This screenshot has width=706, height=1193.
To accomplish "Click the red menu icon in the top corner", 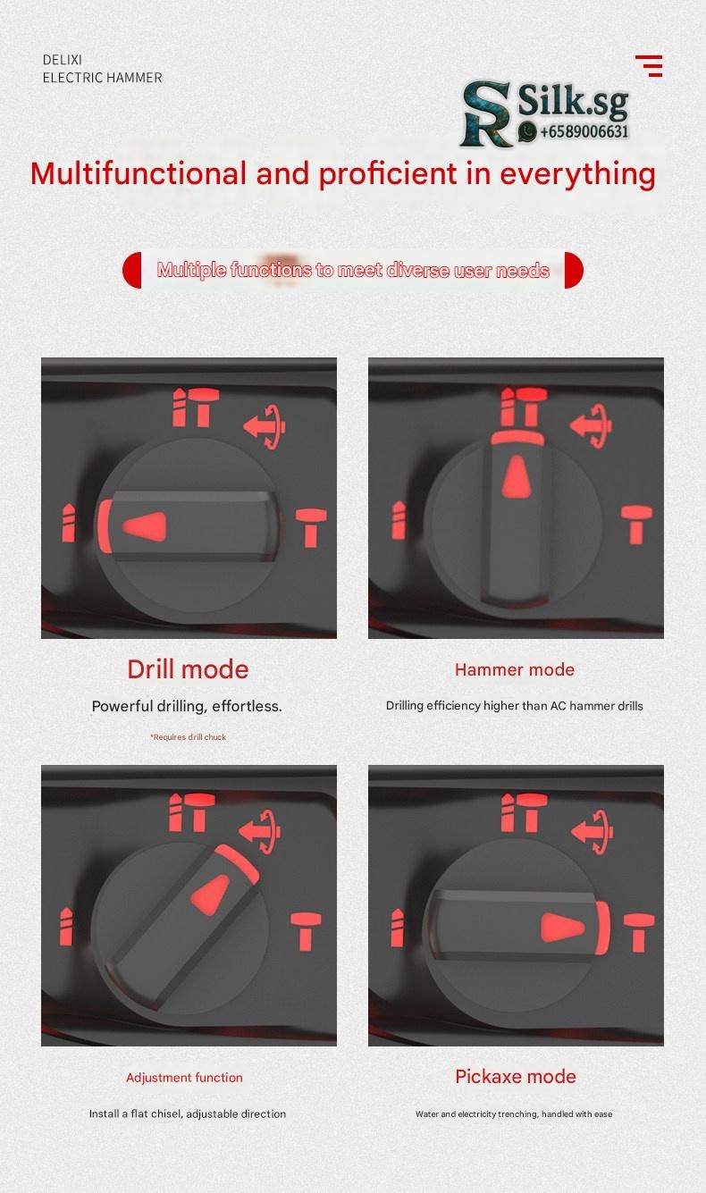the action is [649, 66].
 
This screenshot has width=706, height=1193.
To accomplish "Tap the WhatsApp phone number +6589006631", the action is [584, 131].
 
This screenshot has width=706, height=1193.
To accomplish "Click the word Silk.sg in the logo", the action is [573, 101].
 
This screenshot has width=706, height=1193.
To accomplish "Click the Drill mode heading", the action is [188, 669].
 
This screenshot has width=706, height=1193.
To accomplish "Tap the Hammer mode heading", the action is [515, 669].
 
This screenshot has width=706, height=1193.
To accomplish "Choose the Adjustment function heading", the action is [184, 1078].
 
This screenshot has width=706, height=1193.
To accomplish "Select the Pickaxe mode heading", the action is [516, 1077].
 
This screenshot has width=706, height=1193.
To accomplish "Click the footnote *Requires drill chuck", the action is [188, 737].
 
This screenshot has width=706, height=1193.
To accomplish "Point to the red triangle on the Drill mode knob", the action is [145, 526].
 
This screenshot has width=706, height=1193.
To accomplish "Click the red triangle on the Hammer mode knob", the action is [516, 477].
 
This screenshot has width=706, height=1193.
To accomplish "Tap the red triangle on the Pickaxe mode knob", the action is [562, 928].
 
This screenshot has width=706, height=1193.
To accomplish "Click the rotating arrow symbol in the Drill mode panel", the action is [265, 426].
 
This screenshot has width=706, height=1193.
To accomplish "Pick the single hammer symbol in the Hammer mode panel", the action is [636, 525].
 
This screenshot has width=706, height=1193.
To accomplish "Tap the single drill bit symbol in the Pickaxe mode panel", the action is [397, 928].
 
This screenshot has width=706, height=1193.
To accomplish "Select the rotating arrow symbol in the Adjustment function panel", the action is [260, 832].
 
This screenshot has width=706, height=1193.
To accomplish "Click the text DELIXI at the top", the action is [63, 60].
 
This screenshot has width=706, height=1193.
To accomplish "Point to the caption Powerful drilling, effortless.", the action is [187, 706].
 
